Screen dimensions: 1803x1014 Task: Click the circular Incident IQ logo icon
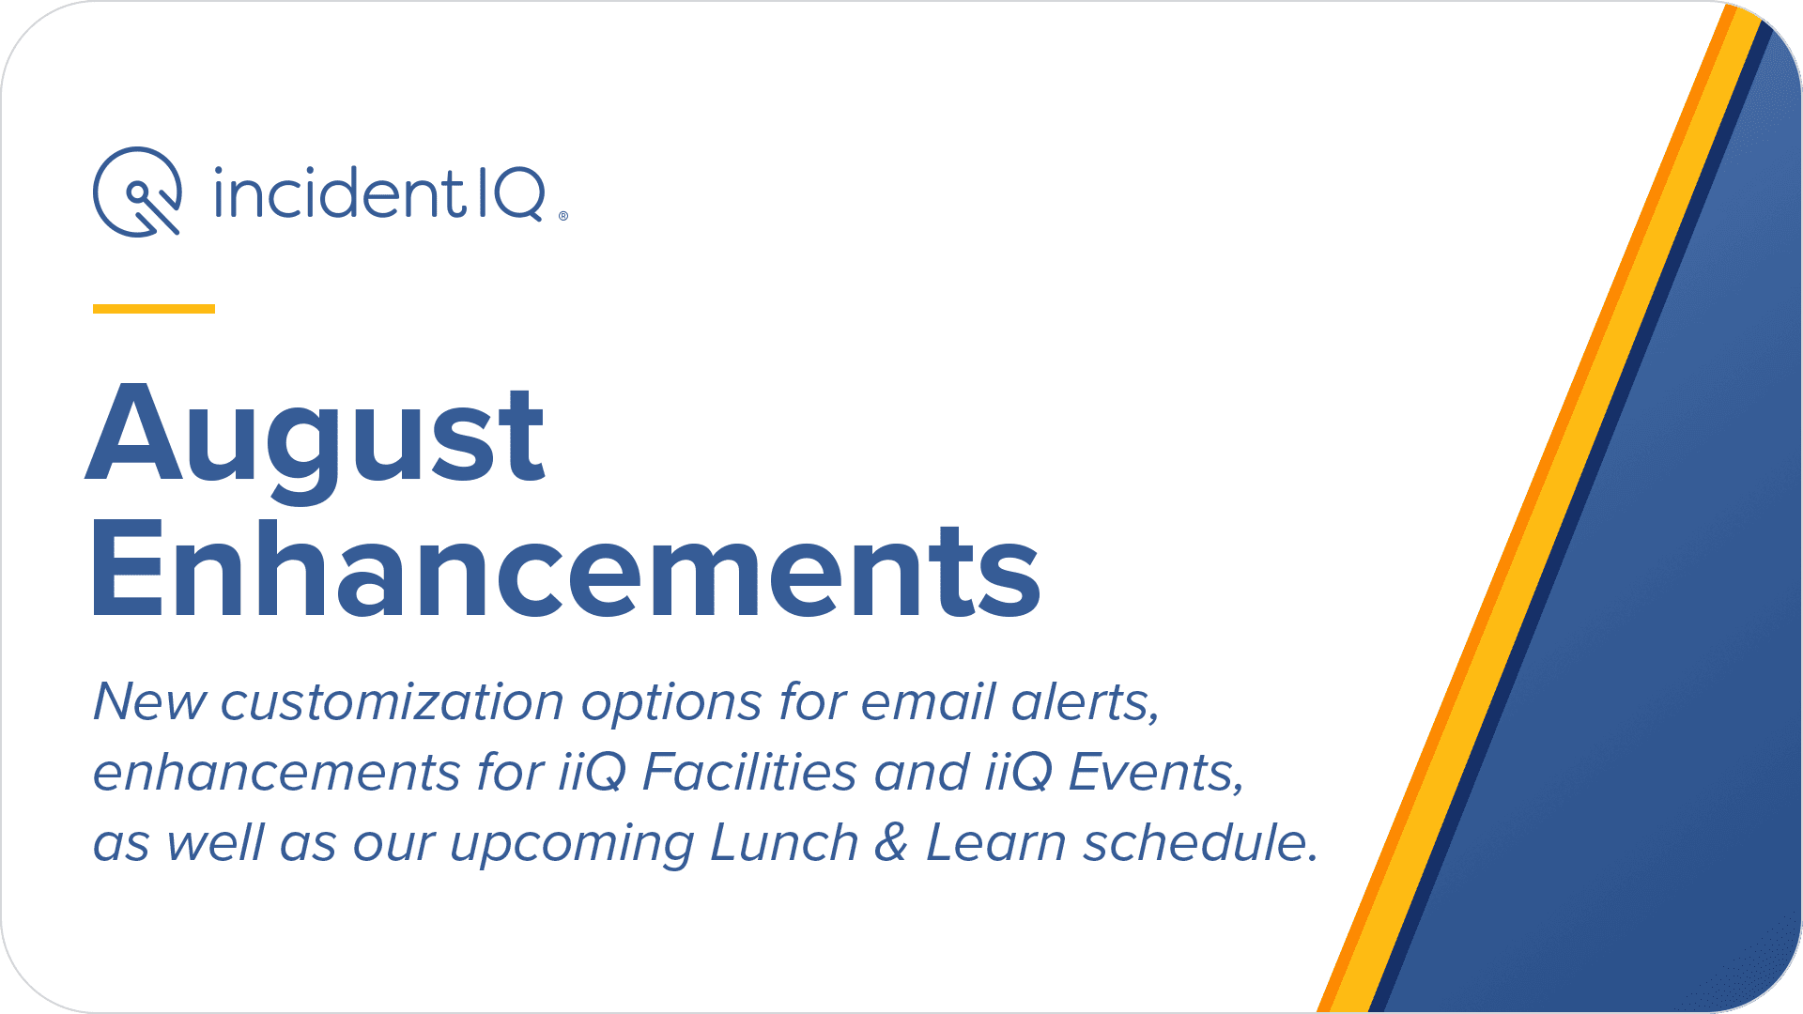pos(138,192)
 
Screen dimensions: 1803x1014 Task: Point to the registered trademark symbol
pos(563,216)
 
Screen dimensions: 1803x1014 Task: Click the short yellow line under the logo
pos(154,308)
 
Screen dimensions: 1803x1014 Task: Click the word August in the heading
pos(316,438)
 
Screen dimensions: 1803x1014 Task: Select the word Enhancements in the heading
pos(565,569)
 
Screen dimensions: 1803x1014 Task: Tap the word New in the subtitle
pos(149,701)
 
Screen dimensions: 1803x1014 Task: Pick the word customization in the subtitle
pos(393,701)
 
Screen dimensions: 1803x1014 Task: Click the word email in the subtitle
pos(928,701)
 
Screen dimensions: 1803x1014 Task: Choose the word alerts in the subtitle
pos(1086,702)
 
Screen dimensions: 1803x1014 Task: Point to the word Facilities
pos(749,772)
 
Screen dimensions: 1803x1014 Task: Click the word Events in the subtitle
pos(1157,773)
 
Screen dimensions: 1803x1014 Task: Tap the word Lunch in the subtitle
pos(784,842)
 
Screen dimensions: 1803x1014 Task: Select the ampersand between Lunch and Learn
pos(891,842)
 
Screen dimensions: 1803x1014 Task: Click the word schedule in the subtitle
pos(1201,842)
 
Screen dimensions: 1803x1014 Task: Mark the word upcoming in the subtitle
pos(572,844)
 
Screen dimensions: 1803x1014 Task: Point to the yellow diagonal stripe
pos(1546,507)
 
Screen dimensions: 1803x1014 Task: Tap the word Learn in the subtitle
pos(996,842)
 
